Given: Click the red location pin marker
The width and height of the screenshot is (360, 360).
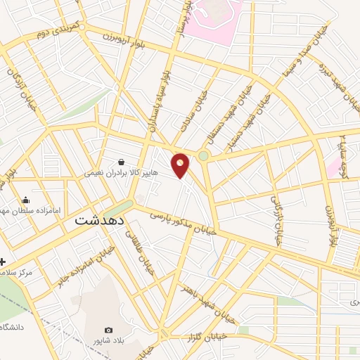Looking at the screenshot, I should (181, 165).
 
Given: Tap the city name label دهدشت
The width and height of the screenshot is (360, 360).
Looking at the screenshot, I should (99, 219).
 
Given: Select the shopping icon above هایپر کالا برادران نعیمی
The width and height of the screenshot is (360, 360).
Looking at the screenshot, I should (122, 162).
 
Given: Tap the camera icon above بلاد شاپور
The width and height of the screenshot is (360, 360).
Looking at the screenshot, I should (108, 330).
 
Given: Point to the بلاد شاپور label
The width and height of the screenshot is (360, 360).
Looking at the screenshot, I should (108, 341).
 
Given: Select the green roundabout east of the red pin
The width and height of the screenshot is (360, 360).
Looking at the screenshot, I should (204, 155).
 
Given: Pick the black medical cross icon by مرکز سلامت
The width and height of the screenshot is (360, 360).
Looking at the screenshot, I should (3, 261).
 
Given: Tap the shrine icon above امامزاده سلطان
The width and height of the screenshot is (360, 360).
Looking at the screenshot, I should (26, 200).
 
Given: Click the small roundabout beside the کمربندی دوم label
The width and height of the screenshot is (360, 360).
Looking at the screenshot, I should (83, 27).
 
